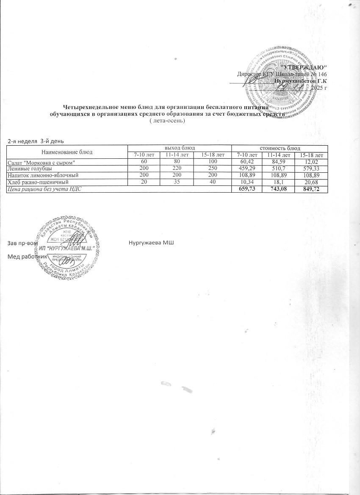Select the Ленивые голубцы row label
pos(28,169)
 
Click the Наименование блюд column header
pos(67,152)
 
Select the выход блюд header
pos(180,148)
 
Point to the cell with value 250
pos(212,169)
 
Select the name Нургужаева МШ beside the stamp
pos(151,243)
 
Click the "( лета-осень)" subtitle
pos(168,121)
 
